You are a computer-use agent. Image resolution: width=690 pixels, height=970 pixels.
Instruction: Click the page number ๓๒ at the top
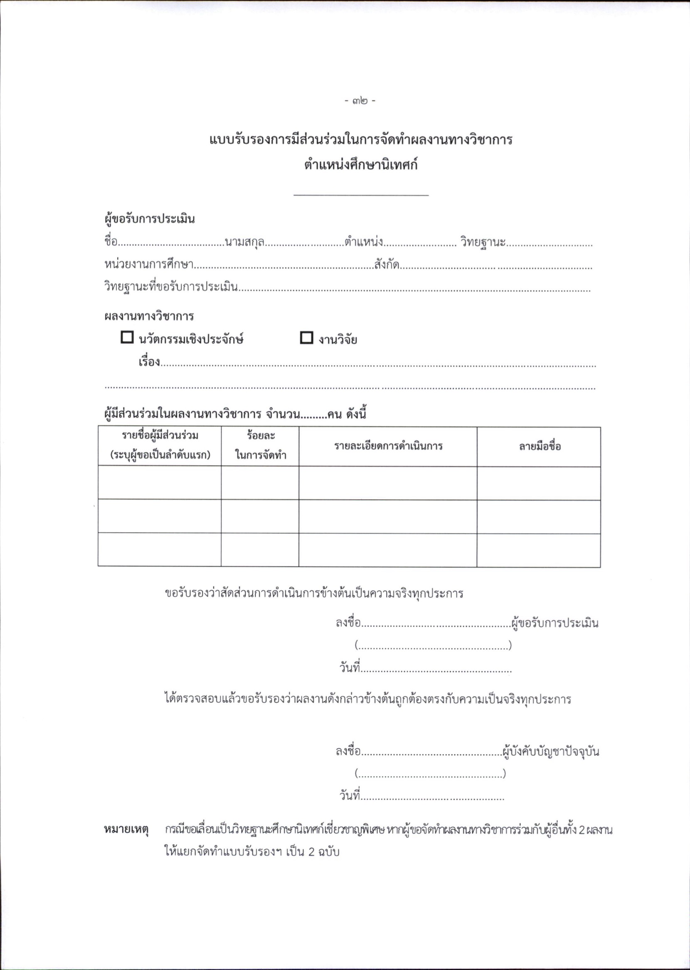(360, 101)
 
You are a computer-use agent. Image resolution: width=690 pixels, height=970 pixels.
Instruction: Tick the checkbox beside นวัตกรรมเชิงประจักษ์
(127, 337)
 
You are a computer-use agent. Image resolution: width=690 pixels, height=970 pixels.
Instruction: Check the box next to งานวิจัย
(306, 338)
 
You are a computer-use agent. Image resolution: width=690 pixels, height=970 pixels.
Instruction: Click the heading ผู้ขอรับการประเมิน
(150, 219)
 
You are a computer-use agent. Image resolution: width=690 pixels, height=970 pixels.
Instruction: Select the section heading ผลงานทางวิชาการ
(149, 316)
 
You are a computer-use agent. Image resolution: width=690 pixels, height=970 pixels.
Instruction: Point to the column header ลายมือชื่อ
(540, 446)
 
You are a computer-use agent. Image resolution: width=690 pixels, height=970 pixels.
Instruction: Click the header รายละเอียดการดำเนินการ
(388, 446)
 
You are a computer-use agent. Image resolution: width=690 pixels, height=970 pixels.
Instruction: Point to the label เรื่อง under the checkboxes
(149, 362)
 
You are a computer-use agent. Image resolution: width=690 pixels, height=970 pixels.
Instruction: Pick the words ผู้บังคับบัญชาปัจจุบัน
(551, 751)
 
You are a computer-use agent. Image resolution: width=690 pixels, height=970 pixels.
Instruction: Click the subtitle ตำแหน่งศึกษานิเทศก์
(360, 165)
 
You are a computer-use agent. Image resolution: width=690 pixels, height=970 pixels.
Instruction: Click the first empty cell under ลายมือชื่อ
(539, 483)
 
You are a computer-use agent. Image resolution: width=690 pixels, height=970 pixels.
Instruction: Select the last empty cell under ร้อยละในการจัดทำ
(260, 550)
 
